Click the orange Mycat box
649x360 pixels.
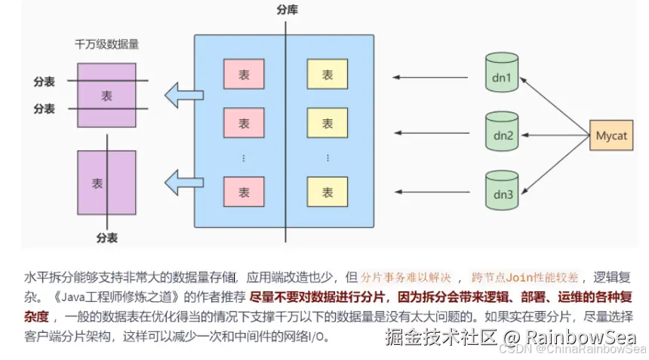click(611, 137)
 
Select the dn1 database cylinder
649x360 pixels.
click(503, 75)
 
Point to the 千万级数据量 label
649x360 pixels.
click(106, 45)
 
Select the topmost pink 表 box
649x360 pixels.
click(244, 75)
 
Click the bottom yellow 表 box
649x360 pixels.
click(327, 192)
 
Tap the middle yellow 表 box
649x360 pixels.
click(327, 123)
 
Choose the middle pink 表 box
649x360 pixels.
click(244, 123)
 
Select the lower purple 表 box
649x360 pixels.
click(106, 183)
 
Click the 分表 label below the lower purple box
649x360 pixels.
click(106, 238)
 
